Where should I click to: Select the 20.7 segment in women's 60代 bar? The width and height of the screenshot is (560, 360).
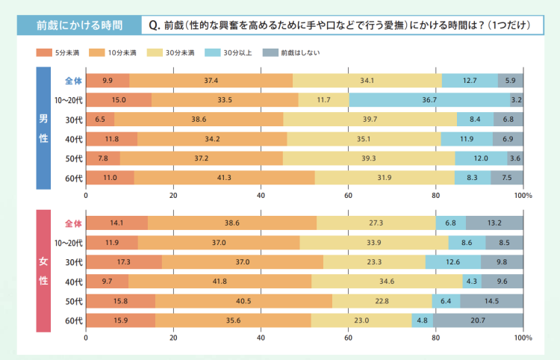pyautogui.click(x=478, y=320)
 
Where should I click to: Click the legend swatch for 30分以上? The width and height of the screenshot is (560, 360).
pyautogui.click(x=214, y=54)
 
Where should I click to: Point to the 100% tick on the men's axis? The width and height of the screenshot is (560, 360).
pyautogui.click(x=523, y=195)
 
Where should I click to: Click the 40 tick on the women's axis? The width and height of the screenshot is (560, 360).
pyautogui.click(x=261, y=338)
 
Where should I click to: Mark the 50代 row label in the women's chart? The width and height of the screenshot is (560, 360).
pyautogui.click(x=72, y=301)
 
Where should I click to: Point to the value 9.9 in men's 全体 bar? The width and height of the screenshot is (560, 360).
pyautogui.click(x=108, y=81)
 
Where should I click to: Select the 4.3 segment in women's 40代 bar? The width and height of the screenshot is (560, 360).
pyautogui.click(x=472, y=282)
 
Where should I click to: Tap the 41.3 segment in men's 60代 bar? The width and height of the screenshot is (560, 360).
pyautogui.click(x=224, y=178)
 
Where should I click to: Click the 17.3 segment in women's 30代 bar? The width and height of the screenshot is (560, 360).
pyautogui.click(x=124, y=262)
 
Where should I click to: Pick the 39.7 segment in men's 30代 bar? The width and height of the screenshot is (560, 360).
pyautogui.click(x=370, y=120)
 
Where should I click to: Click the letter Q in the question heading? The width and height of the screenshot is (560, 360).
pyautogui.click(x=153, y=26)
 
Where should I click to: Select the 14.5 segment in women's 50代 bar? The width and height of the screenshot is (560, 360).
pyautogui.click(x=491, y=301)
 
